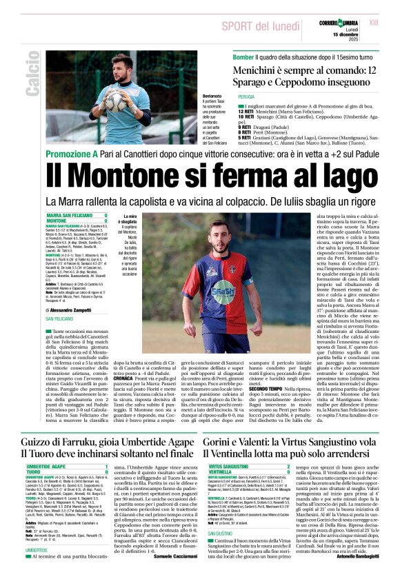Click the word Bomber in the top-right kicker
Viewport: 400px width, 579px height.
click(244, 56)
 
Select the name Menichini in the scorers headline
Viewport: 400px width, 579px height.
click(261, 69)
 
